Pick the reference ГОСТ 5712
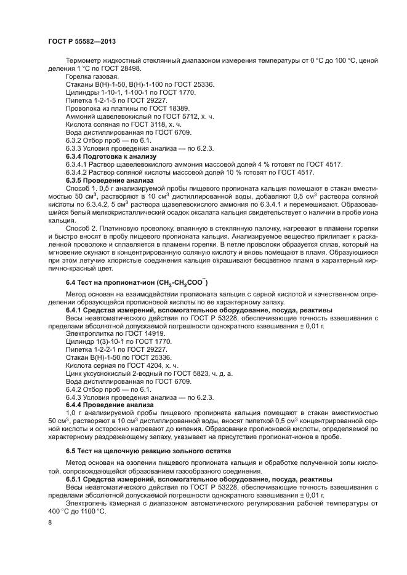(x=177, y=116)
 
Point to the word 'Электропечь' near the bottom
(x=87, y=502)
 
